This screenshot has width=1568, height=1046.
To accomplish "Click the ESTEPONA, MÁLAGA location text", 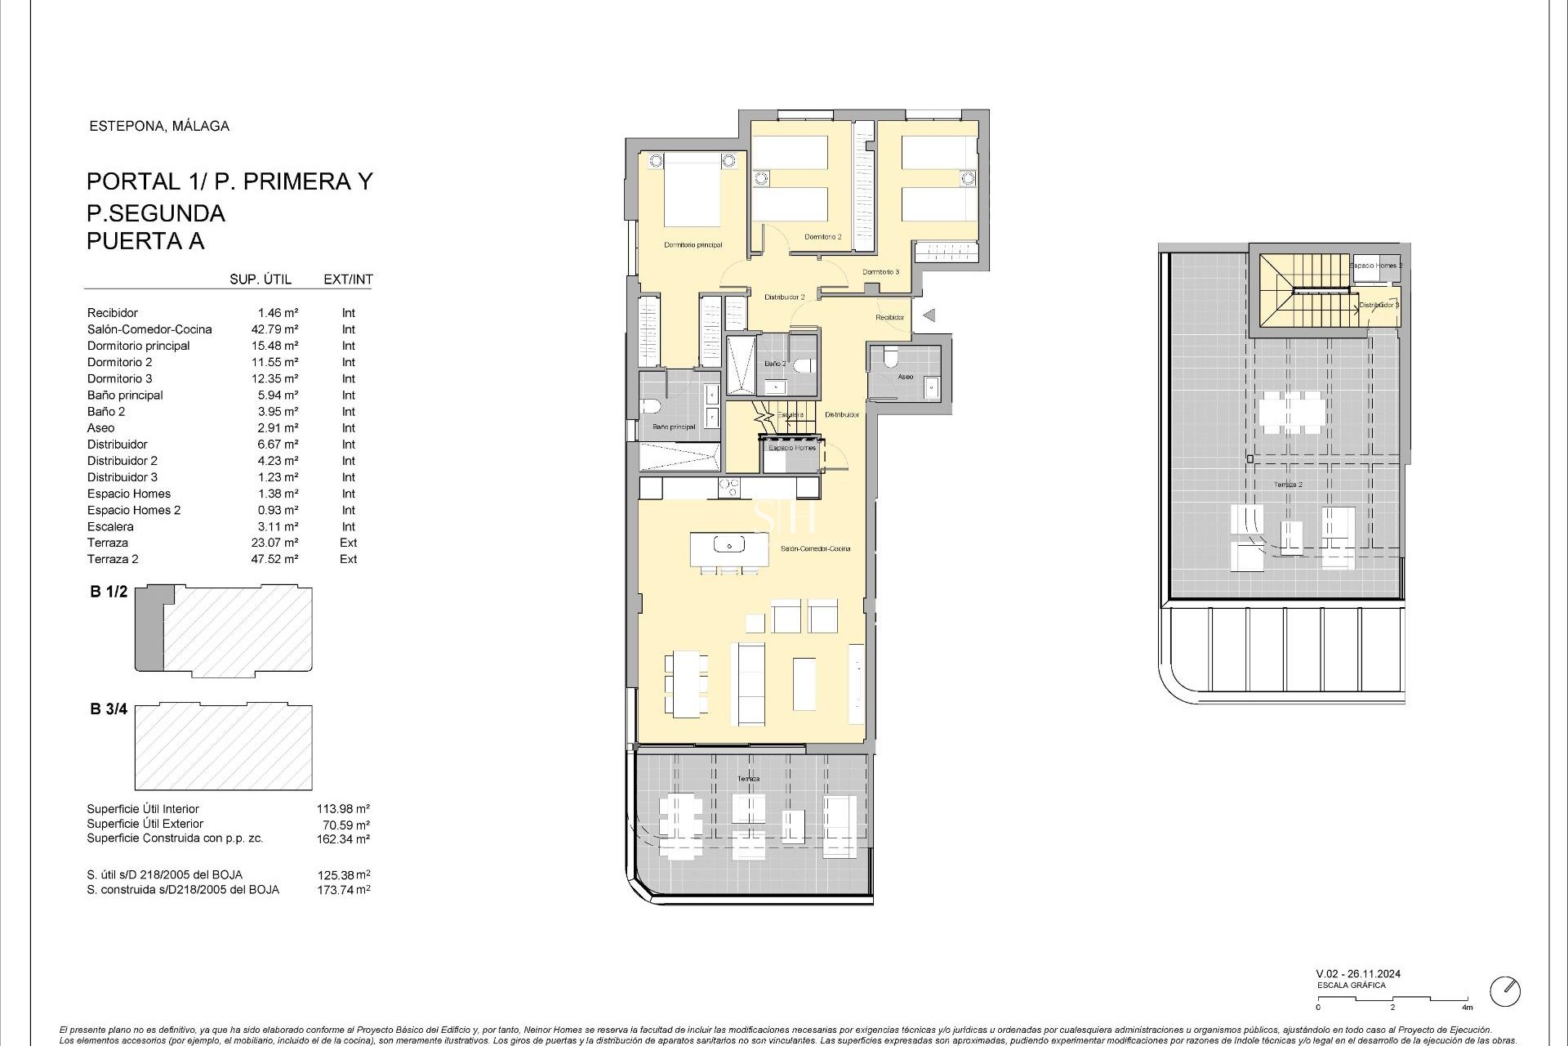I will [158, 126].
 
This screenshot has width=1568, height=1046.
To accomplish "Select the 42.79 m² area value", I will [274, 329].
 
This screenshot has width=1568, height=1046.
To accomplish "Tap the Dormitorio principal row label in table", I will [138, 346].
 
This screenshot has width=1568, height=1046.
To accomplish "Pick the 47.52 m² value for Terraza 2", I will [274, 559].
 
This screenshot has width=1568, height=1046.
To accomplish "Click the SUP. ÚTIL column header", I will [261, 279].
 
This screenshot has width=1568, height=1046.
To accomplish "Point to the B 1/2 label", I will [109, 592].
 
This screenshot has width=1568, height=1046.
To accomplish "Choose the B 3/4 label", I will [109, 709].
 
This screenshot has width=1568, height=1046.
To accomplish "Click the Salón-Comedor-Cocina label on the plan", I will [815, 548].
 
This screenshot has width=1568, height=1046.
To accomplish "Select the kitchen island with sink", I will [729, 548].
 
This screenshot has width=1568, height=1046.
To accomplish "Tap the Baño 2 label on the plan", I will [775, 363].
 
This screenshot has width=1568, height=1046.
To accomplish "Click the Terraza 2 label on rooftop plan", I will [1288, 485].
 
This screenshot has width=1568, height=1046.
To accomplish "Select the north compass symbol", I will [1504, 991].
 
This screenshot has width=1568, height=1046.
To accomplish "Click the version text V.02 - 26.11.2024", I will [1358, 973].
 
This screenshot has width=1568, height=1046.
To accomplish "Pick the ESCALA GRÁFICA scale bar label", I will [1351, 986].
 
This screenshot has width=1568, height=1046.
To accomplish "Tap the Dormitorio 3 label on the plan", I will [880, 272].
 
